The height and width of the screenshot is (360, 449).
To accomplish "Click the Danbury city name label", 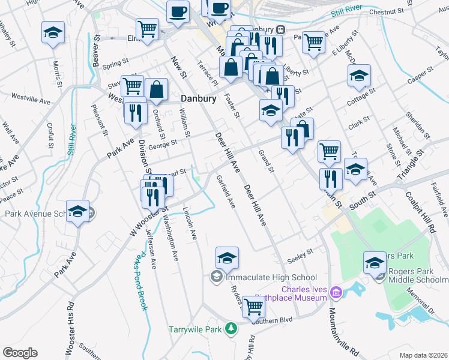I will click(199, 98).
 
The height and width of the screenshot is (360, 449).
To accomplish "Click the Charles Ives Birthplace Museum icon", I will click(335, 292).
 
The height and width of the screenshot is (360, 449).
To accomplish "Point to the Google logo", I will click(20, 353).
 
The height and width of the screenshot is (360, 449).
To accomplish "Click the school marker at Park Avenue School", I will click(77, 212).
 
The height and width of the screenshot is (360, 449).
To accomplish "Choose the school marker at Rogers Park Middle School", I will click(375, 263).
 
